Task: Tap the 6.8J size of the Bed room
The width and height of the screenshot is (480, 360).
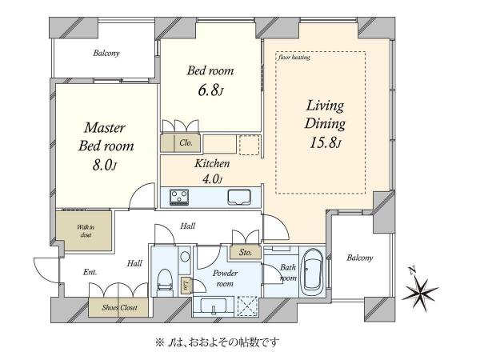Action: pos(210,91)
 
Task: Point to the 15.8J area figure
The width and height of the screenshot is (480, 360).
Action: pos(324,144)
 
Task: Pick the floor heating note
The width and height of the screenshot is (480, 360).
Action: pos(294,58)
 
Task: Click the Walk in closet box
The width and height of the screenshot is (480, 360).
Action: pos(84,232)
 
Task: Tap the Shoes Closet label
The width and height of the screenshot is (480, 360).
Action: pos(119,307)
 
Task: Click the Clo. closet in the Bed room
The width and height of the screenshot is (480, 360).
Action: pos(184,143)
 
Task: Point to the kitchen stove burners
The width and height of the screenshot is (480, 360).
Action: pos(178,196)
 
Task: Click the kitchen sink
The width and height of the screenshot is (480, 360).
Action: pos(239,197)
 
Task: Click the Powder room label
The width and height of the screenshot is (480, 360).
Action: pos(223,278)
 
